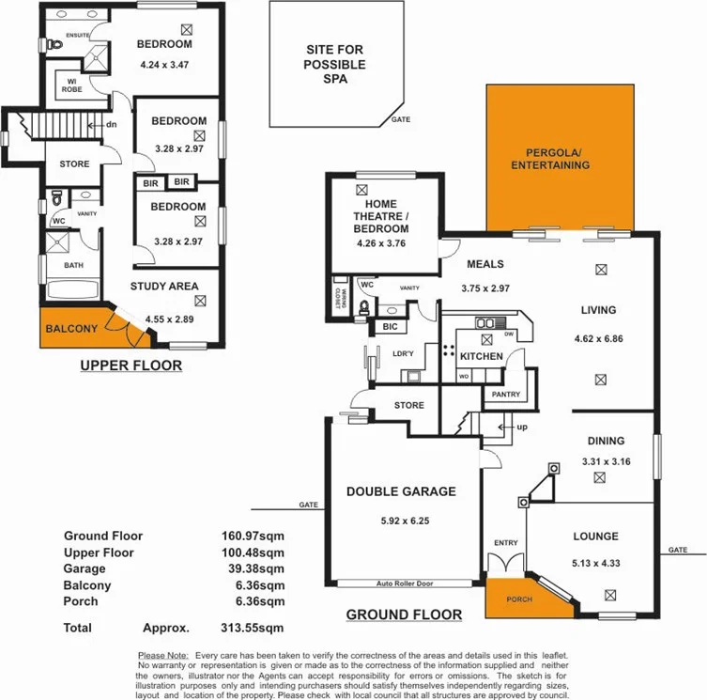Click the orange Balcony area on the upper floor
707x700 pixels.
(x=70, y=328)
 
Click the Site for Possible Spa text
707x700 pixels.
(x=335, y=65)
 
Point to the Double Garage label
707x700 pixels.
(x=401, y=491)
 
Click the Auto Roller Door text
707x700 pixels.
(x=404, y=583)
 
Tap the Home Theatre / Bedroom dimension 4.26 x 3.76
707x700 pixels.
(x=381, y=244)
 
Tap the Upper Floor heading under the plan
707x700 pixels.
(x=131, y=366)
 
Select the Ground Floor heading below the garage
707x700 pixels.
(x=404, y=615)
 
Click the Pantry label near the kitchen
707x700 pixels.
(x=506, y=395)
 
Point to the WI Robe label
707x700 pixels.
(x=72, y=85)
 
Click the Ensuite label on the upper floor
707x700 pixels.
(x=77, y=35)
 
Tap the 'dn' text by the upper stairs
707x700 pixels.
(x=111, y=125)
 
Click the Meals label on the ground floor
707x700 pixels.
(x=484, y=265)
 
